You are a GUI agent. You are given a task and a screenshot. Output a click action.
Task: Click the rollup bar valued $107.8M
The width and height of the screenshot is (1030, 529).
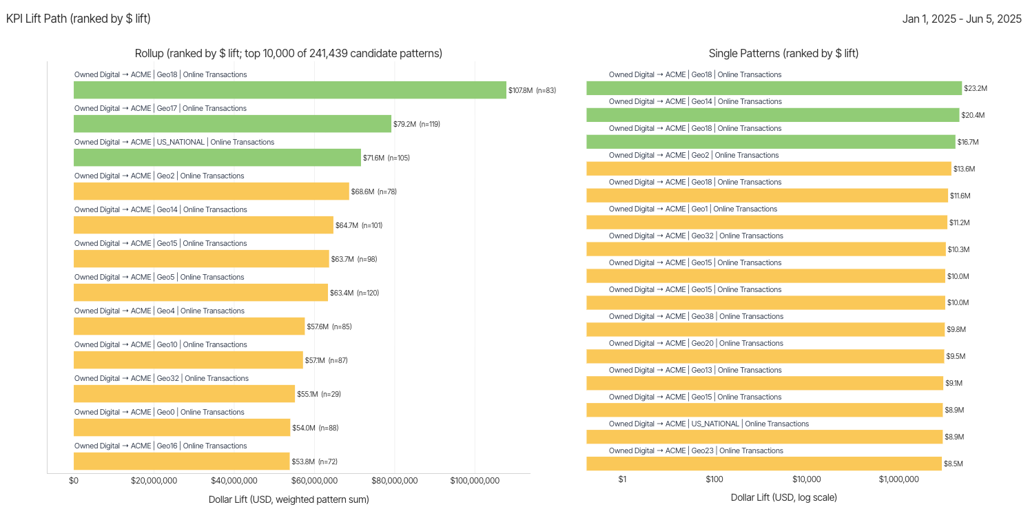(x=289, y=90)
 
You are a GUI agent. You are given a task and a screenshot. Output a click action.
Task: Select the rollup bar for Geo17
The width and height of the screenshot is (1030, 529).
(x=232, y=124)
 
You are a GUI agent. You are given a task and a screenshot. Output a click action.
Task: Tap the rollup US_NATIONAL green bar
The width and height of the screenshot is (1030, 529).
(x=217, y=158)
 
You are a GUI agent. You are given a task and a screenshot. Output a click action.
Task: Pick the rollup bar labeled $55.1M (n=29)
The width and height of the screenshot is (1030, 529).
(x=184, y=394)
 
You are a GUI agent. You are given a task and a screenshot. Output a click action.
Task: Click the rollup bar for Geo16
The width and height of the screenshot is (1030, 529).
(x=182, y=461)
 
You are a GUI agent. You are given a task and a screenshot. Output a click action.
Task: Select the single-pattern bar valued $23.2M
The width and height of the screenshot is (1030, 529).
(x=774, y=88)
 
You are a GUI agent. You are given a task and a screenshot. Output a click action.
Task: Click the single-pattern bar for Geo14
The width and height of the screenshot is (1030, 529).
(x=772, y=115)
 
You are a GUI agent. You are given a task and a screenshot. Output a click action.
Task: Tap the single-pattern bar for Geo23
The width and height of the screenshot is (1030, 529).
(x=764, y=464)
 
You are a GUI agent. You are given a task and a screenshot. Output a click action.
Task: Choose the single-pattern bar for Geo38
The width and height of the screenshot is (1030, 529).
(x=765, y=329)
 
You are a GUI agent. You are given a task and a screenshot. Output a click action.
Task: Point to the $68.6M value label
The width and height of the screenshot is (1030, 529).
(x=362, y=191)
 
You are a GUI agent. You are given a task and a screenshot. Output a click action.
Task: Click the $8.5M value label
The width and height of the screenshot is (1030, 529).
(x=954, y=464)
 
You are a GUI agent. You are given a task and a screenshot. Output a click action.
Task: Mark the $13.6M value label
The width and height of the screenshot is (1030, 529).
(x=965, y=169)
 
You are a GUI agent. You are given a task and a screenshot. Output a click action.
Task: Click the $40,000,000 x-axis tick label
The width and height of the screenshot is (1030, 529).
(x=234, y=481)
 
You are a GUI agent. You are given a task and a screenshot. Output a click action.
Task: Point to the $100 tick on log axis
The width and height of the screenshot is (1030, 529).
(x=714, y=479)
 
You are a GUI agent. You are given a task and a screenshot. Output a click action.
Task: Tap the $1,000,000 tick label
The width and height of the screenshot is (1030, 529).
(x=898, y=479)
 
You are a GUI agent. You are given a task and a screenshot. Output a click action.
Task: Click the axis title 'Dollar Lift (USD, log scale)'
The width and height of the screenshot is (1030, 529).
(x=783, y=497)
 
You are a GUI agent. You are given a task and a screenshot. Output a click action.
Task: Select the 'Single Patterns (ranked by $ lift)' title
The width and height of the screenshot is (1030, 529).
(x=783, y=53)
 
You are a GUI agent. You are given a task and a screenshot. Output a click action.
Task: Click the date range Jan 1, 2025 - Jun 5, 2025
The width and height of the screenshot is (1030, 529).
(x=962, y=19)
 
